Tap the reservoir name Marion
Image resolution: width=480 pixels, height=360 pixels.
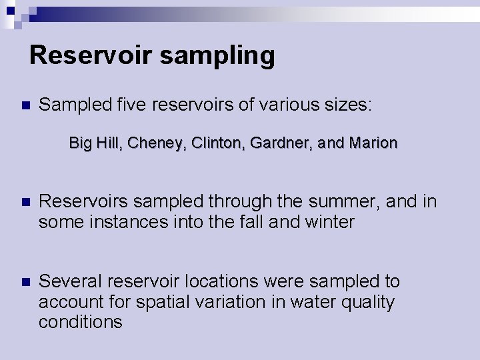(373, 143)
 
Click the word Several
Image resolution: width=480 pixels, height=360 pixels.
(71, 282)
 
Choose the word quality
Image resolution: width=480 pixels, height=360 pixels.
(365, 302)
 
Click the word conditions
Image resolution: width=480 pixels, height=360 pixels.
(81, 322)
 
